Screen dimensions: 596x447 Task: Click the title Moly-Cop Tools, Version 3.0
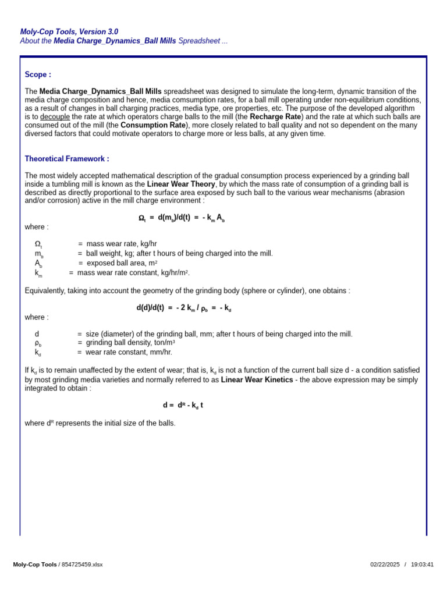(x=69, y=32)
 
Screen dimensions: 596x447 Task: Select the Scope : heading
(x=38, y=74)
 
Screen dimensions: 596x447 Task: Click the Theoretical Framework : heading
(x=66, y=159)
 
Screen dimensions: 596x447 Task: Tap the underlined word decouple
(x=55, y=116)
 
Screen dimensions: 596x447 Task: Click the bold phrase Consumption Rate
(x=153, y=125)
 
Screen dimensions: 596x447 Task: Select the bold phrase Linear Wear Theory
(x=181, y=184)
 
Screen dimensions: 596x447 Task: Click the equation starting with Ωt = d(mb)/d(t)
(x=182, y=218)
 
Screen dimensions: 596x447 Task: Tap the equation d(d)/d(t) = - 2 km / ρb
(x=184, y=308)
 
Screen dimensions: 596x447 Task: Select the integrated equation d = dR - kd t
(x=183, y=405)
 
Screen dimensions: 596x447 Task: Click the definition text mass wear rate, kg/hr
(x=122, y=244)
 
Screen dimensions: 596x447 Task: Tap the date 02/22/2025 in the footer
(x=385, y=565)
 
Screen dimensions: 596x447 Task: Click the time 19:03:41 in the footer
(x=422, y=565)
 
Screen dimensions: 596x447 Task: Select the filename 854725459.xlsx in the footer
(x=82, y=565)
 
